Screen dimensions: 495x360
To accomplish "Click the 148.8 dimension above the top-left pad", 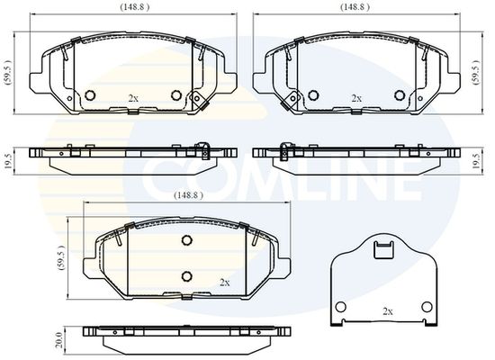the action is pyautogui.click(x=134, y=7).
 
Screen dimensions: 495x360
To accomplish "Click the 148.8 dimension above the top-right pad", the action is pyautogui.click(x=355, y=7).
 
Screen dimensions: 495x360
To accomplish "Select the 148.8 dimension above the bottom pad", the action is pyautogui.click(x=188, y=195).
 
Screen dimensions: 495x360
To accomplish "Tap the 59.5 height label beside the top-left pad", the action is pyautogui.click(x=8, y=72).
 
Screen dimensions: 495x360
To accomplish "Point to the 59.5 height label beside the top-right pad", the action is pyautogui.click(x=475, y=72).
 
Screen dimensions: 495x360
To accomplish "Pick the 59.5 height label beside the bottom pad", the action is pyautogui.click(x=62, y=258).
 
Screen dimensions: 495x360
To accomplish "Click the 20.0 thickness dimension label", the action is pyautogui.click(x=58, y=340).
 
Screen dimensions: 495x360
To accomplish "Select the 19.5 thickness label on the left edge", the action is pyautogui.click(x=8, y=160).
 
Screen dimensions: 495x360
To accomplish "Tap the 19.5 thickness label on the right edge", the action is pyautogui.click(x=475, y=160).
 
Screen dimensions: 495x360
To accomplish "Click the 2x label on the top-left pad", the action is pyautogui.click(x=133, y=98).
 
